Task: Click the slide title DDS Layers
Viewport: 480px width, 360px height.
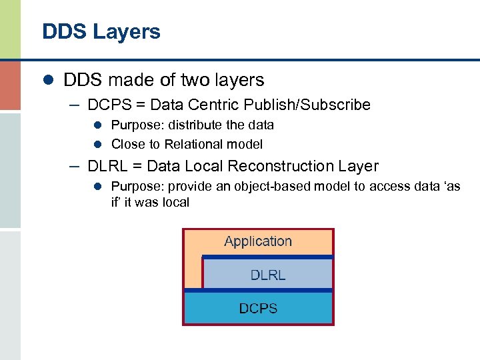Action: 101,32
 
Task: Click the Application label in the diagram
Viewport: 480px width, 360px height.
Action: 258,241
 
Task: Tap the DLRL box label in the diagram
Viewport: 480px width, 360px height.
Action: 267,275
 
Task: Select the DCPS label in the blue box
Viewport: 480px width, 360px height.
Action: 258,308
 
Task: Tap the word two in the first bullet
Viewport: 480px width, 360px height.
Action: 193,81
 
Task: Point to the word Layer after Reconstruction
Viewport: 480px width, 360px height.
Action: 359,167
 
